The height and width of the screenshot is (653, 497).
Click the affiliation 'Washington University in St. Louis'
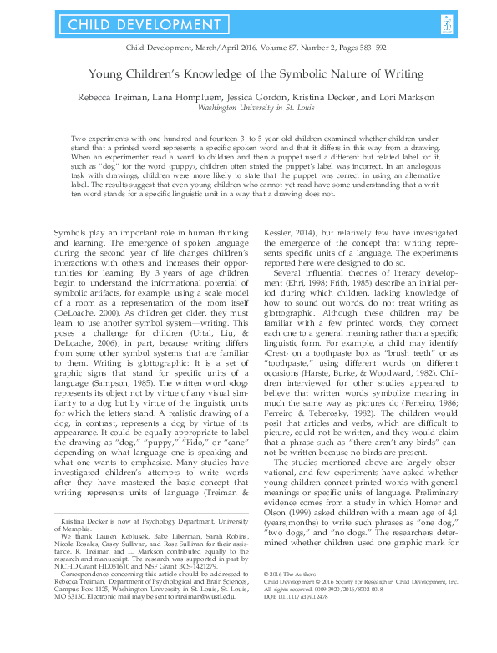click(248, 106)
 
